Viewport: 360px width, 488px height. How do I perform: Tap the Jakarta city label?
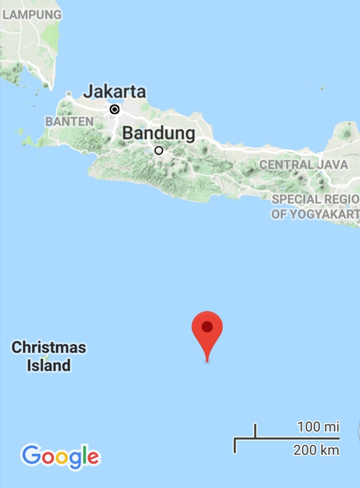point(115,92)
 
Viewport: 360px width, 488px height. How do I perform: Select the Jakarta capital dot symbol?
point(115,109)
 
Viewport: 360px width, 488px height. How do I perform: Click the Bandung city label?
point(159,134)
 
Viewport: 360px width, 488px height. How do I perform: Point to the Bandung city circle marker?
point(159,151)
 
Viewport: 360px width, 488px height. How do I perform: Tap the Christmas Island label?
point(49,356)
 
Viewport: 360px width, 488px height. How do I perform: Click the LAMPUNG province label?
point(32,15)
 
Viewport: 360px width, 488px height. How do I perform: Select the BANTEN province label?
point(69,121)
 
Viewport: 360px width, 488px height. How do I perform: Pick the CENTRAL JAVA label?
point(303,165)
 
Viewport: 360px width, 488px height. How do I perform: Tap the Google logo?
point(61,456)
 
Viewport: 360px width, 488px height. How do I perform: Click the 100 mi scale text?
point(318,427)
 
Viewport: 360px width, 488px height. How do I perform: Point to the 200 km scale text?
point(316,450)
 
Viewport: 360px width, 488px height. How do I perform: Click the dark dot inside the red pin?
point(207,327)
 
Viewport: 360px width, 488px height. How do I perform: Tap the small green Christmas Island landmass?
point(47,357)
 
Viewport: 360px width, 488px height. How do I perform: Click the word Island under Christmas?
point(49,366)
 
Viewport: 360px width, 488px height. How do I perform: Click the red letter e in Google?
point(94,458)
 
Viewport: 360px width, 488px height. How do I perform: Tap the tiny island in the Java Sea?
point(322,88)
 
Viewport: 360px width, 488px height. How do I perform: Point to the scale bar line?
point(287,438)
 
